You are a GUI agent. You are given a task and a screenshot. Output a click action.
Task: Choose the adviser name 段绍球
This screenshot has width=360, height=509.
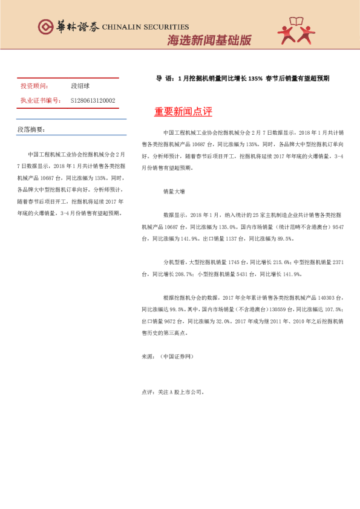(80, 86)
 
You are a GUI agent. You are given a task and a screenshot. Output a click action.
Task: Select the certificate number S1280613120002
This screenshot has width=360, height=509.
(93, 100)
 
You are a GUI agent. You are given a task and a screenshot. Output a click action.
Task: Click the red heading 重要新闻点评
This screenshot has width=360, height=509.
(183, 112)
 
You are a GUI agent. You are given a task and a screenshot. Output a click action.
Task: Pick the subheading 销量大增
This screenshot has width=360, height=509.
(174, 191)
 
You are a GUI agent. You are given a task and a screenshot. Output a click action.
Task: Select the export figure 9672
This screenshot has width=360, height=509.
(181, 321)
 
